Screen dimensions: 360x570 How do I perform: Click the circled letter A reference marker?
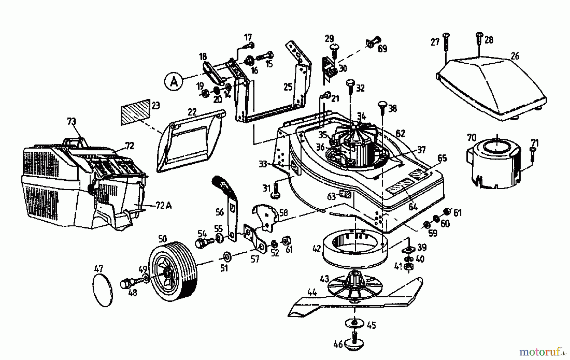click(174, 82)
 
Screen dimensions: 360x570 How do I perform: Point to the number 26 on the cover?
click(515, 56)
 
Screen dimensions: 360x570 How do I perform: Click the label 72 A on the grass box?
click(163, 206)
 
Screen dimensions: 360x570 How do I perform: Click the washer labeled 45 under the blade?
click(354, 323)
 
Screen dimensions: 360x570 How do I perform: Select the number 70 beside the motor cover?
click(472, 138)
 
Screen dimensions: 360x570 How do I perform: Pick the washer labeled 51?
click(226, 256)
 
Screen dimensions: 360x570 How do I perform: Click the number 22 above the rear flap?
click(192, 112)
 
